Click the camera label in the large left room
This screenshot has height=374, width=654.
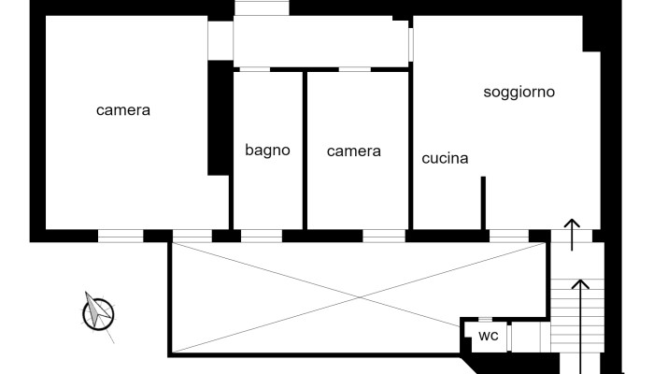point(123,110)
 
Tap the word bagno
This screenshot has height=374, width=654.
point(268,150)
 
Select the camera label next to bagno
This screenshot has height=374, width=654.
point(354,151)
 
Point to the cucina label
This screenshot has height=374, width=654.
point(445,158)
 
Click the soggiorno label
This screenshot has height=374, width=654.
point(519,92)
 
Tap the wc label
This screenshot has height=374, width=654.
point(488,336)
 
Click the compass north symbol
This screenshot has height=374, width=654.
point(97,312)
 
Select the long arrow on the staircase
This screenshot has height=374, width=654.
point(581,318)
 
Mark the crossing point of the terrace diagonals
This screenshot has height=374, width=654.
point(358,296)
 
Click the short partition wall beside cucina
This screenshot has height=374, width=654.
point(483,202)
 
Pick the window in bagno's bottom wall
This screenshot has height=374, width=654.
point(261,235)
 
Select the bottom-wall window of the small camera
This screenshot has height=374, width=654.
point(383,235)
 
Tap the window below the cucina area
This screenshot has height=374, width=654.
point(508,235)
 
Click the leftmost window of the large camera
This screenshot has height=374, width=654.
point(121,235)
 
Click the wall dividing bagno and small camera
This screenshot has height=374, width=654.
point(306,150)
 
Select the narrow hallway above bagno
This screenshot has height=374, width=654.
point(320,42)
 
